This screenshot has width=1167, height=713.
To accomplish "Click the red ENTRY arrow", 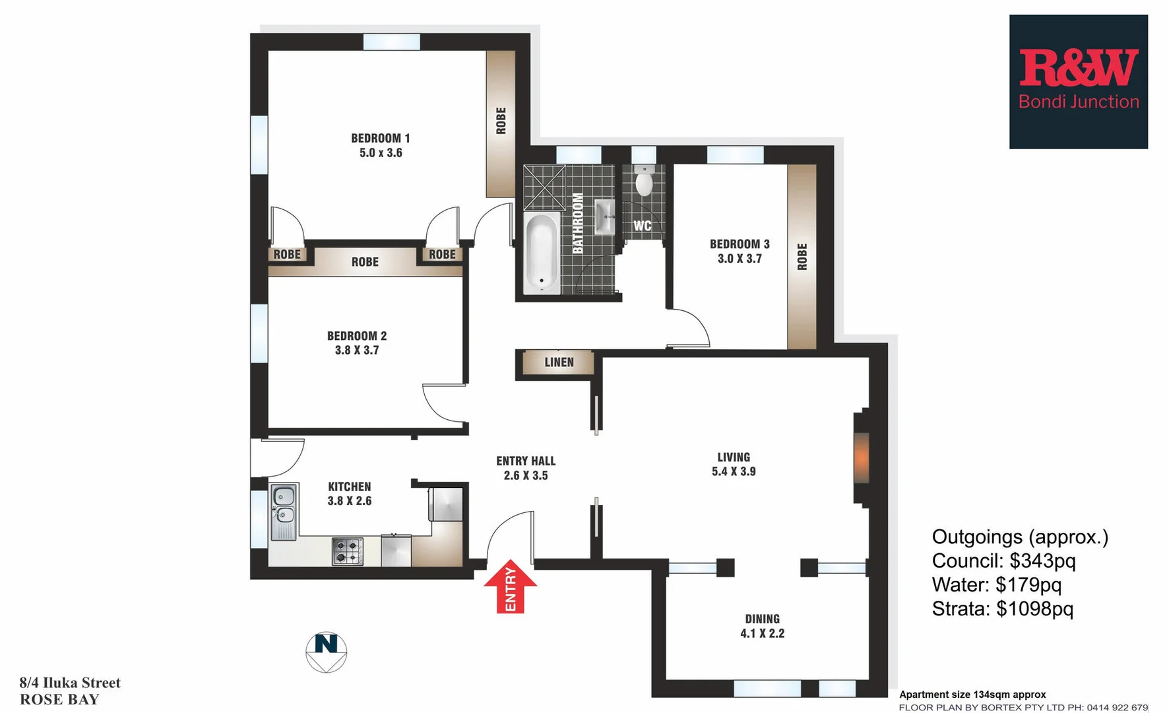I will (511, 586).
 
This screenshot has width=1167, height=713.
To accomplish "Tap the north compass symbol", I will (327, 652).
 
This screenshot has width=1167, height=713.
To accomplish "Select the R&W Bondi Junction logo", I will (1078, 82).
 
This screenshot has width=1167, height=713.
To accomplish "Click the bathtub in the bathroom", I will (542, 253).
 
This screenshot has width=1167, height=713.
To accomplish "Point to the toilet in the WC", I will (643, 182).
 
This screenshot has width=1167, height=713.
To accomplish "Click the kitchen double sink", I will (284, 505).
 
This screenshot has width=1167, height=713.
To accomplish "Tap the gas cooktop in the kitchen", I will (348, 551).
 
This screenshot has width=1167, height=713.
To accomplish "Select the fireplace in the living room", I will (861, 457).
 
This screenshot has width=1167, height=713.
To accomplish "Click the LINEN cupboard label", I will (559, 362).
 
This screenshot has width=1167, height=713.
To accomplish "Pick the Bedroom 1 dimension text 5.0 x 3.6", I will (381, 153).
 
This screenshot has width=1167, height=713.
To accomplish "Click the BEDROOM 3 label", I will (740, 244).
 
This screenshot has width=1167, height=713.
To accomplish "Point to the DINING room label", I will (762, 619).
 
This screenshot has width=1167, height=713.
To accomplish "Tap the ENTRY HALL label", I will (526, 461).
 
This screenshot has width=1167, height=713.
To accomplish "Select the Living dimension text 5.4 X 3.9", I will (734, 471).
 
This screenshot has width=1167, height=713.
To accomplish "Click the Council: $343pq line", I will (1003, 561).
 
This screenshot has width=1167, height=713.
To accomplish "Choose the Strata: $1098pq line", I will (1002, 609).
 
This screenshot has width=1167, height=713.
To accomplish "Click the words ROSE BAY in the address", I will (59, 700).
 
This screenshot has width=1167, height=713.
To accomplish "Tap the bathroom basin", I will (604, 217).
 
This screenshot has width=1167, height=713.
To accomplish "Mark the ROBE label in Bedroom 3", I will (802, 257).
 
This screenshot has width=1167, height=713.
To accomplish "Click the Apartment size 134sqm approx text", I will (972, 695).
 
